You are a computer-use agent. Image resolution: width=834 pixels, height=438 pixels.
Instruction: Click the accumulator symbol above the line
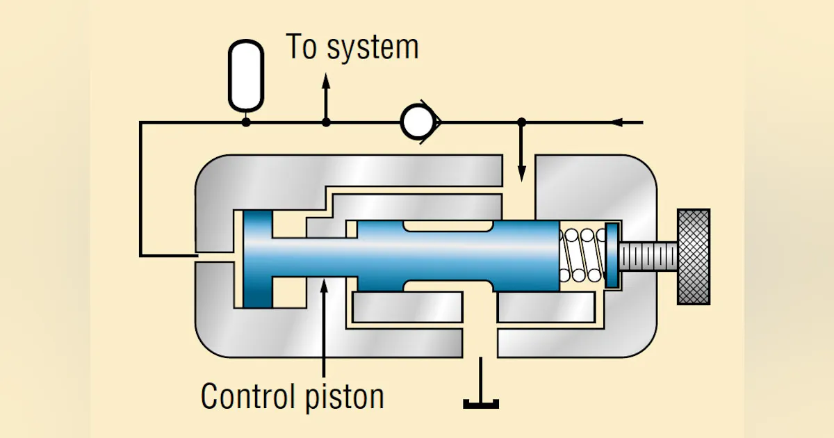coord(246,75)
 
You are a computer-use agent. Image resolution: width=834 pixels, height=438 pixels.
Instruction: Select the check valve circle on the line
coord(418,123)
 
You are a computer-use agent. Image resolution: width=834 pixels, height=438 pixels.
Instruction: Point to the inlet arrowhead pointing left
coord(616,123)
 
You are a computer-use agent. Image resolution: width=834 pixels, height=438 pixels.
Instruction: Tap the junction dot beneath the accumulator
coord(246,123)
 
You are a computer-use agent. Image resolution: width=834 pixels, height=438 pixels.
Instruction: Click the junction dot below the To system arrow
coord(326,123)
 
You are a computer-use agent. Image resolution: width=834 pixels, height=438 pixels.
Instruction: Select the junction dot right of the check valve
coord(522,123)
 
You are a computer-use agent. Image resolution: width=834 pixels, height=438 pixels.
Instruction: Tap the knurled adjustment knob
coord(693,256)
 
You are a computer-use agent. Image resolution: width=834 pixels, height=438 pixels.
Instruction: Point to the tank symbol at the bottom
coord(481,402)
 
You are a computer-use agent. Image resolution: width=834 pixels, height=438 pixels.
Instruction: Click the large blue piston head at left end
coord(256,259)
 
